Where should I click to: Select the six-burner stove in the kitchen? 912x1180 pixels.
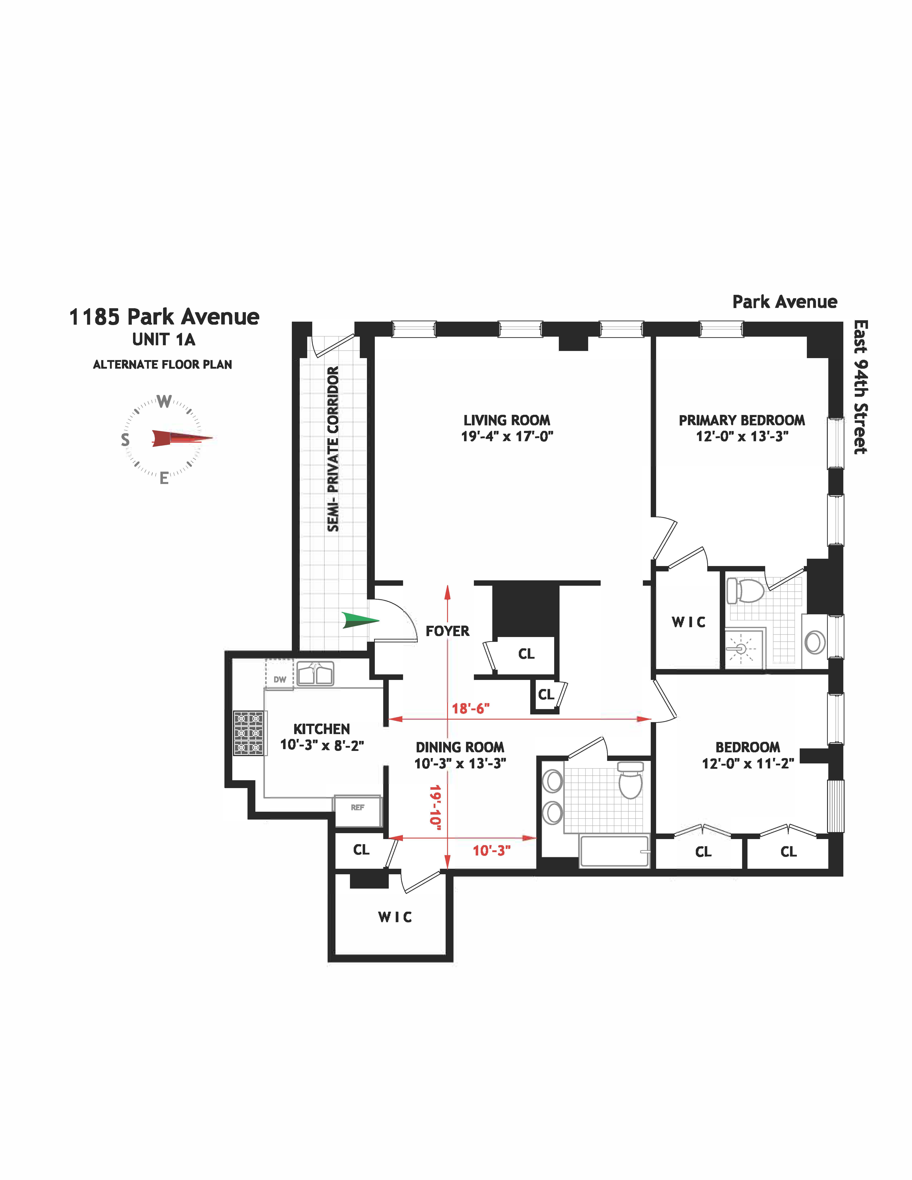click(x=249, y=733)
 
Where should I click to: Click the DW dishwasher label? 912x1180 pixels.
click(x=279, y=680)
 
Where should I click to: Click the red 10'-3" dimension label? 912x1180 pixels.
click(x=491, y=850)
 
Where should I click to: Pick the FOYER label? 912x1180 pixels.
click(x=447, y=631)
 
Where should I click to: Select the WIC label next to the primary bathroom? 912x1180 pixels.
click(x=688, y=622)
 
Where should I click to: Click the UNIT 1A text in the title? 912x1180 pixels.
click(x=164, y=340)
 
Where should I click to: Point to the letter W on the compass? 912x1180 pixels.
click(x=164, y=401)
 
